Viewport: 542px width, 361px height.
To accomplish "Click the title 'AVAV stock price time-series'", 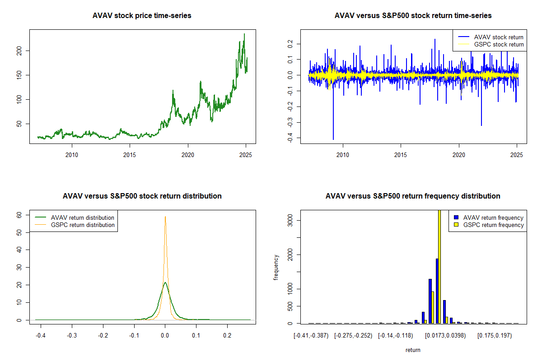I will click(x=142, y=16).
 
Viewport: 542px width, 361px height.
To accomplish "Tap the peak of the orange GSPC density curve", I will click(x=165, y=217).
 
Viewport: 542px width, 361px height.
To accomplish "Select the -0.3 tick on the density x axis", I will click(x=71, y=336).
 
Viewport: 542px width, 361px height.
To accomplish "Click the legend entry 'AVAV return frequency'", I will click(x=493, y=218).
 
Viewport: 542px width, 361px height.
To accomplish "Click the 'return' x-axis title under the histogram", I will click(x=413, y=350).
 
